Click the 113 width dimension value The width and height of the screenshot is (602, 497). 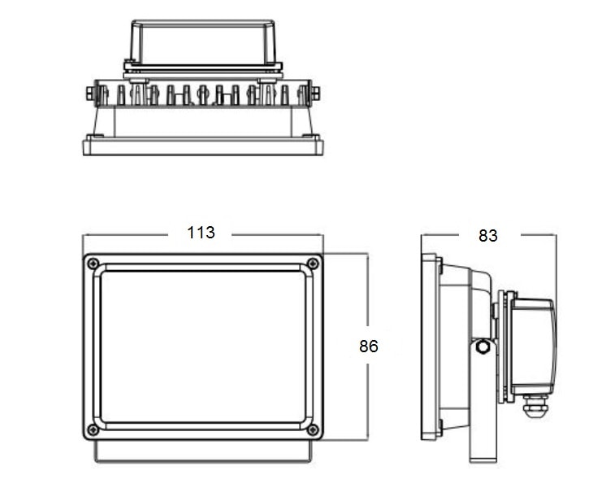point(201,233)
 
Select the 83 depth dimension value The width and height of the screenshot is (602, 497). point(487,236)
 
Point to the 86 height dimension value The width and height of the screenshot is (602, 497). point(369,346)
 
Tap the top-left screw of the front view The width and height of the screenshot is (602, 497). point(93,264)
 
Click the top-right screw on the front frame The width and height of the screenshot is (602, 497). point(313,264)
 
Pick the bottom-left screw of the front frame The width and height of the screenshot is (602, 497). point(93,429)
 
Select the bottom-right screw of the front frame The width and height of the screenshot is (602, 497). point(313,429)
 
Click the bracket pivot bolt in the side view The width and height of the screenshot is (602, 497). point(483,347)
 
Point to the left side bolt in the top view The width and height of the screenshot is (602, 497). point(89,94)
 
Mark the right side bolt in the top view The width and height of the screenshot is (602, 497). point(317,94)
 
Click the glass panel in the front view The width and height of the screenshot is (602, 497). point(203,346)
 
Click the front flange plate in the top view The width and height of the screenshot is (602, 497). point(203,146)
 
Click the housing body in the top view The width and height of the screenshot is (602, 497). point(203,120)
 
